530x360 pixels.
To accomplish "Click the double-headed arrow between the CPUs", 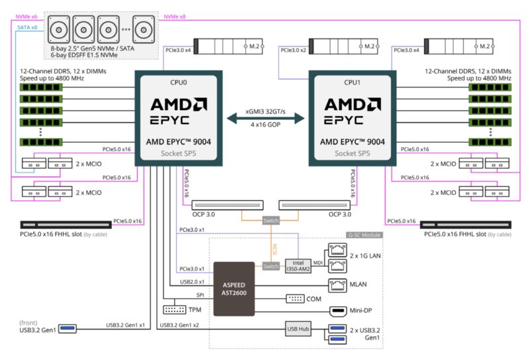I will [x=265, y=118].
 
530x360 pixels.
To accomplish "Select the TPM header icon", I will [x=174, y=310].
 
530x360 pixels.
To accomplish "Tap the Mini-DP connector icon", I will [x=338, y=310].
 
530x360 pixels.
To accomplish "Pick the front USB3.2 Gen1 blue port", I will [x=68, y=328].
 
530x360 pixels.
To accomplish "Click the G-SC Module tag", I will [x=363, y=235].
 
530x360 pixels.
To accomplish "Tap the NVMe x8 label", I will [x=174, y=16].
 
